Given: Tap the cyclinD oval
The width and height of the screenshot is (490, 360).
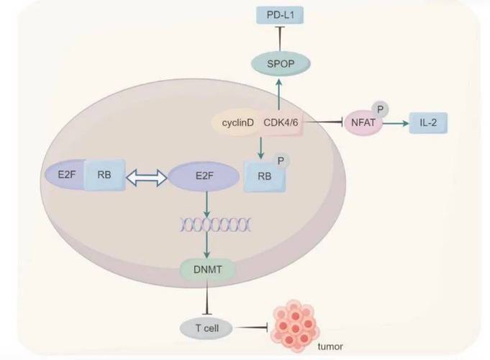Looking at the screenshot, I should pos(237,123).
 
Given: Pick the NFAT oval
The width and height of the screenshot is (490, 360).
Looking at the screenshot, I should pos(364,123).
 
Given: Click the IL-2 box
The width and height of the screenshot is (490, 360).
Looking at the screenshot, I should pos(428,123).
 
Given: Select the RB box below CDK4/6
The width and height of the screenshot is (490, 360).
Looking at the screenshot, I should pos(263,176).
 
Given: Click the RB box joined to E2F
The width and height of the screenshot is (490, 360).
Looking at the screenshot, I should pos(104,175).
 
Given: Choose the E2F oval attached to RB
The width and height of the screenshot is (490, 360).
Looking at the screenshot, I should pos(65,175).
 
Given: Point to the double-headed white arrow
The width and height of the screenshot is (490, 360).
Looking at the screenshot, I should pos(145,176).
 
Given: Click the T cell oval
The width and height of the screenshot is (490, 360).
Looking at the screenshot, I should pos(207,328).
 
